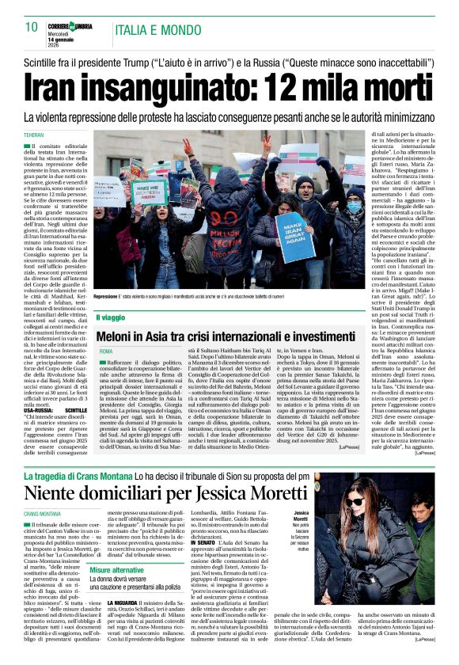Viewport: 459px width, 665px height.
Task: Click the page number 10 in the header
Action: coord(32,27)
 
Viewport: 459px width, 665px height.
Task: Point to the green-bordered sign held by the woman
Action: coord(149,192)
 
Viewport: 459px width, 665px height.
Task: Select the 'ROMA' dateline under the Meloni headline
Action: coord(106,350)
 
